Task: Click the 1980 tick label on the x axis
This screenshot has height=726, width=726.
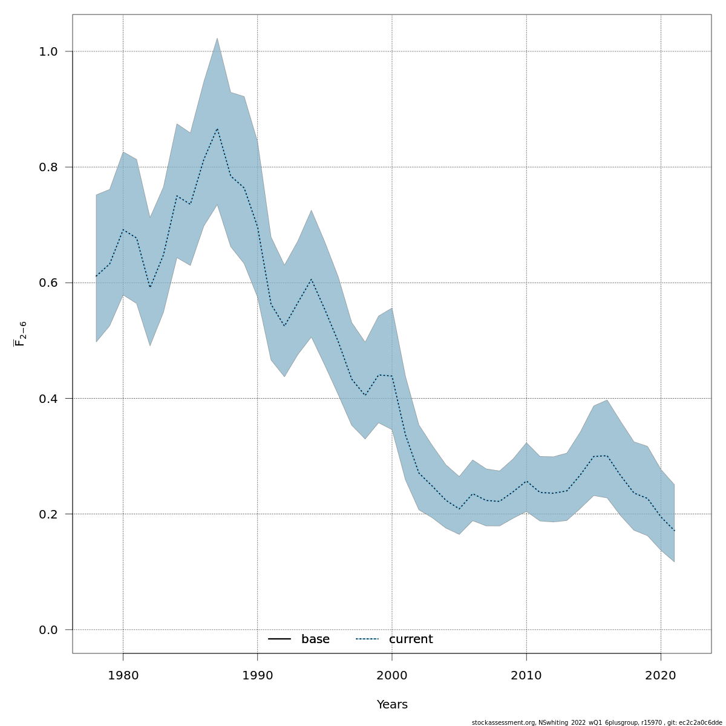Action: (123, 675)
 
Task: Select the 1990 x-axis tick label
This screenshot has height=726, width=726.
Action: (257, 675)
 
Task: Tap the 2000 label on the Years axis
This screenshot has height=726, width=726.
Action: (392, 675)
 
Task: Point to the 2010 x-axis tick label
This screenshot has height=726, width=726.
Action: (526, 675)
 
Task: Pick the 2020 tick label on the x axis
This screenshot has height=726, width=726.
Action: (661, 675)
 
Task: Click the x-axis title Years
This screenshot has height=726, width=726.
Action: (392, 705)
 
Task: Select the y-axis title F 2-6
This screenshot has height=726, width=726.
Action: (20, 334)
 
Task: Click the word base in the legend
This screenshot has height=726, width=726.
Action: (315, 639)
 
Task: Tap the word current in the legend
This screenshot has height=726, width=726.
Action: (411, 639)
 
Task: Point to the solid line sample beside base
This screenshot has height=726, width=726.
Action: (280, 639)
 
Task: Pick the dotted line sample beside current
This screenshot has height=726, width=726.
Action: (367, 639)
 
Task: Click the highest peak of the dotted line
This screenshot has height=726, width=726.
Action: (217, 128)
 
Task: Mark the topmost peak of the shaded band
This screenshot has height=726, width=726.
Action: (217, 38)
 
